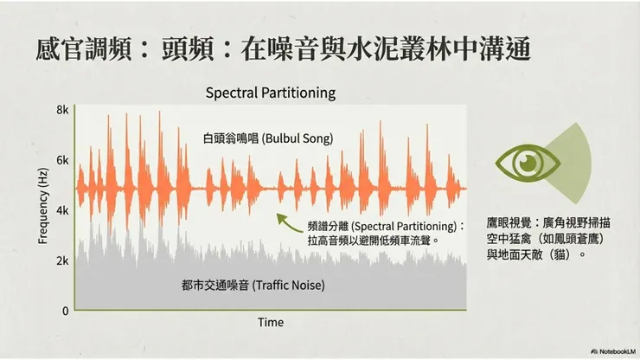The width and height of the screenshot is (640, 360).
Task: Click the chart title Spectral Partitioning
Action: [x=270, y=92]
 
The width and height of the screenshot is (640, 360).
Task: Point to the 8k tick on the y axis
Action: [x=62, y=110]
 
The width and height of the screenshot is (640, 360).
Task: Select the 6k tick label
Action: [x=62, y=160]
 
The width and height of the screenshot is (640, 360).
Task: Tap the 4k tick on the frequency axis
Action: [x=62, y=210]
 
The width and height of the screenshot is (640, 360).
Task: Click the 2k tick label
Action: [x=62, y=260]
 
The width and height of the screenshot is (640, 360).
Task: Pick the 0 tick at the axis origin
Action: [x=64, y=310]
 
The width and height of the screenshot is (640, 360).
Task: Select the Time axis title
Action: [x=270, y=322]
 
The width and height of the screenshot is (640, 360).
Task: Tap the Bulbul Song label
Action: [x=268, y=138]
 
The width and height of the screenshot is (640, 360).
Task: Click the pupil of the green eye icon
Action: [x=527, y=161]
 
